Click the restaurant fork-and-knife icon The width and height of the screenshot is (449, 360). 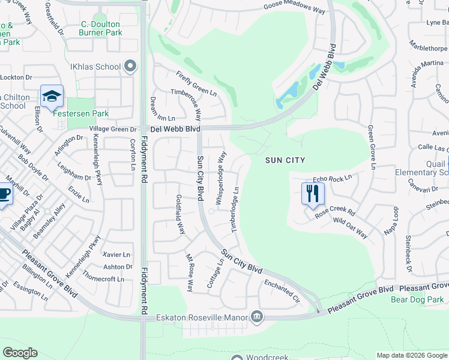tap(312, 193)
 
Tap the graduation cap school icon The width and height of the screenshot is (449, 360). tap(52, 96)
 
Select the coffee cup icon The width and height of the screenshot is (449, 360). tap(4, 194)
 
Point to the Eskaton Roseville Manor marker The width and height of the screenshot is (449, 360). tap(257, 316)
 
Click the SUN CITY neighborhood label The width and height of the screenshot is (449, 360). tap(286, 160)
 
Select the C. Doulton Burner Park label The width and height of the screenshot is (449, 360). tap(100, 28)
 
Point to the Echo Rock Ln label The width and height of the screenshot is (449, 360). tap(331, 179)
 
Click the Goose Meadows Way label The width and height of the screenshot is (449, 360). tap(295, 8)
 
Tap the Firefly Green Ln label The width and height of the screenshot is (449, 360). tap(196, 83)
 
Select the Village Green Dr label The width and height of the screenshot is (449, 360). tap(113, 129)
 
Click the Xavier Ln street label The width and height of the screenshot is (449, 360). tap(116, 254)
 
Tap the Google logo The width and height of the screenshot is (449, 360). tap(19, 353)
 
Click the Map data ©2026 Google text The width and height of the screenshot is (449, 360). tap(411, 355)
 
